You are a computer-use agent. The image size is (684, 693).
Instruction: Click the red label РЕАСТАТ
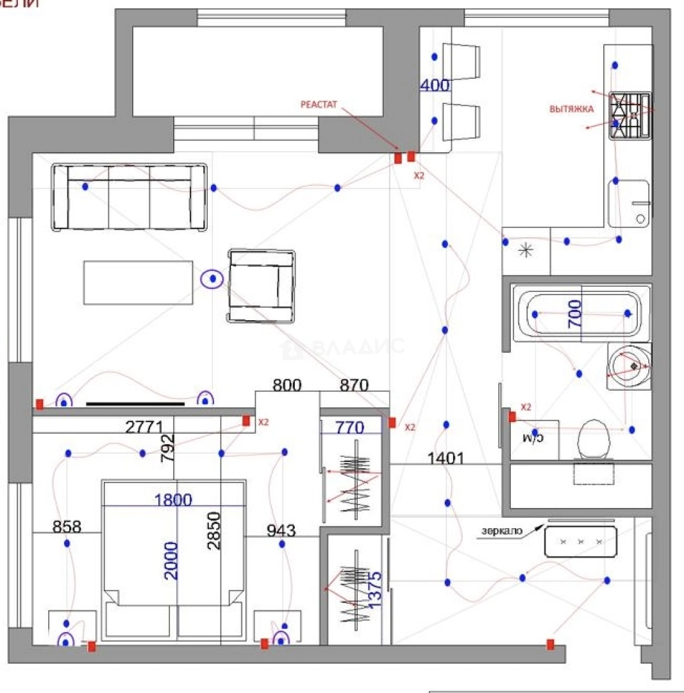tap(319, 103)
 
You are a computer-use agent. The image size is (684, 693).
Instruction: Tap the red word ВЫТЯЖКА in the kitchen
tap(571, 109)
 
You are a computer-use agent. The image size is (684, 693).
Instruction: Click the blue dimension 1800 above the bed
tap(172, 500)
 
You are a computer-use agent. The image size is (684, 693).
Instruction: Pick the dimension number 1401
tap(446, 458)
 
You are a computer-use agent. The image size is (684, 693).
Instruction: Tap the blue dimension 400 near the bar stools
tap(435, 85)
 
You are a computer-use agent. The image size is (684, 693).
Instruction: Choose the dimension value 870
tap(354, 386)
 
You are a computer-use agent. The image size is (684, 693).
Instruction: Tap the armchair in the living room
tap(263, 286)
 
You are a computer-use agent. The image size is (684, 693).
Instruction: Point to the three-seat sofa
tap(130, 196)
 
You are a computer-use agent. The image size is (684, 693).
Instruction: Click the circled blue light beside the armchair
tap(212, 279)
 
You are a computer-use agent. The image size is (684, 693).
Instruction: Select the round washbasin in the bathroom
tap(630, 366)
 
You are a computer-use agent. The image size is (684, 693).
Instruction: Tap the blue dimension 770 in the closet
tap(350, 427)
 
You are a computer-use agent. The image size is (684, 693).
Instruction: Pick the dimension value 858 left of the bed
tap(67, 527)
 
